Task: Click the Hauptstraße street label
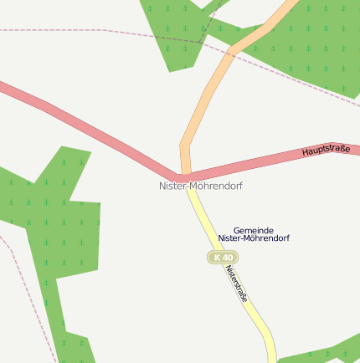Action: [x=326, y=149]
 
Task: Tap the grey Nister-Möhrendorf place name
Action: [x=201, y=186]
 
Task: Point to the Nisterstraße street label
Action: [x=238, y=284]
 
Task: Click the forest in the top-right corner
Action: [x=318, y=42]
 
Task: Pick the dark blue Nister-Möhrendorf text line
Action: [x=254, y=238]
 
